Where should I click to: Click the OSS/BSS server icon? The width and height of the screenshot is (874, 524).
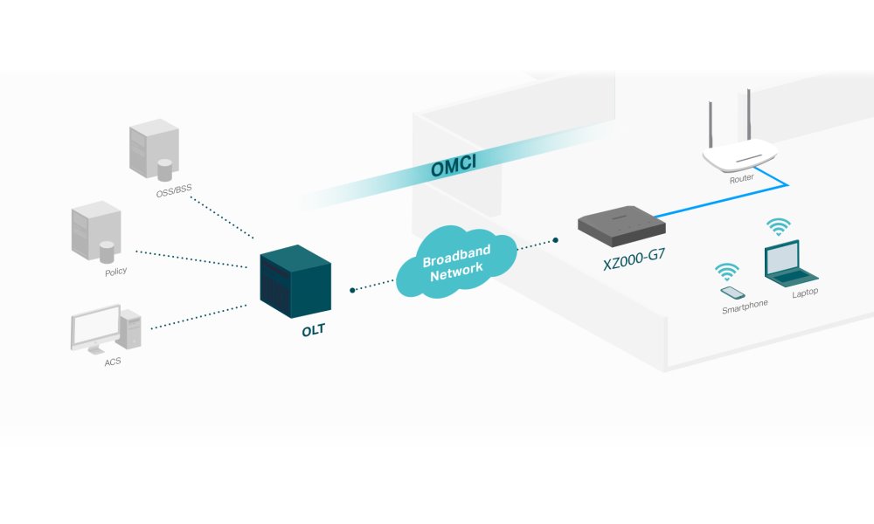pyautogui.click(x=154, y=149)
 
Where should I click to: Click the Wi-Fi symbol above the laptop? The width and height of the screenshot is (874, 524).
pyautogui.click(x=777, y=227)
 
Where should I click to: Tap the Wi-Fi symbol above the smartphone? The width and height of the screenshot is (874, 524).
pyautogui.click(x=726, y=271)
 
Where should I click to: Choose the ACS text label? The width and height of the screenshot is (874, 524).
pyautogui.click(x=112, y=361)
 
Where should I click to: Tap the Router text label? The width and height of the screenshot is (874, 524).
pyautogui.click(x=741, y=179)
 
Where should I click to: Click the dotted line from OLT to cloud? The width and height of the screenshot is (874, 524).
pyautogui.click(x=374, y=286)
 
